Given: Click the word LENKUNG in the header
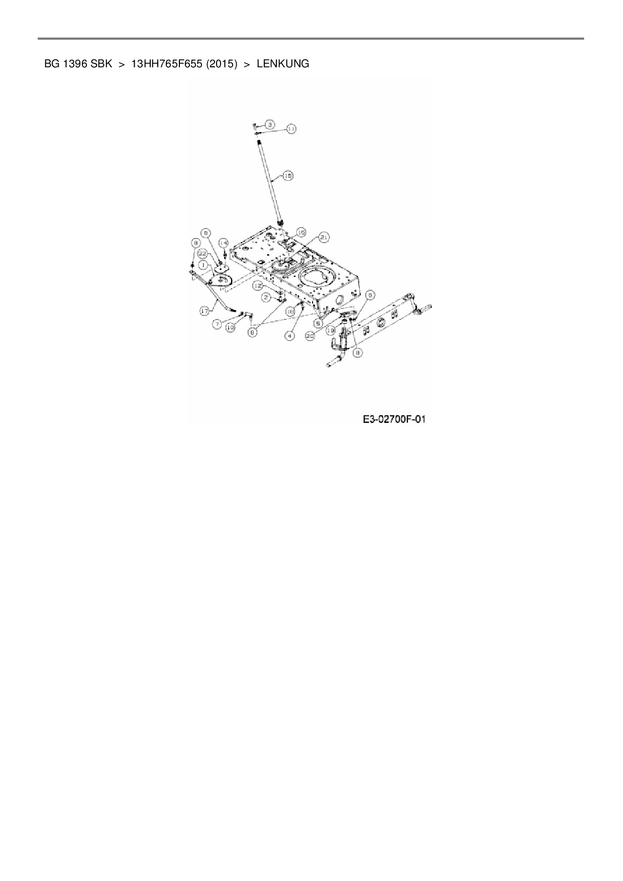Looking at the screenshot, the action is pyautogui.click(x=283, y=64).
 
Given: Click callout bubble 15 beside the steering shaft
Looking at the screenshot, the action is pyautogui.click(x=288, y=176).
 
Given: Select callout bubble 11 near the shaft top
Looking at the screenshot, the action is pyautogui.click(x=291, y=129).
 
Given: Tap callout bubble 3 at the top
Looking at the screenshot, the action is pyautogui.click(x=269, y=124).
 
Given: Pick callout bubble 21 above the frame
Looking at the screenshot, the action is pyautogui.click(x=324, y=237).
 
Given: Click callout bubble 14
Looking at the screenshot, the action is pyautogui.click(x=223, y=242).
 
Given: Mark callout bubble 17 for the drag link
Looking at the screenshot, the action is pyautogui.click(x=204, y=311).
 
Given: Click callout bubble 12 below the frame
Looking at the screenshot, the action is pyautogui.click(x=258, y=285).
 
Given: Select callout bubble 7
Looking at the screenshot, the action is pyautogui.click(x=217, y=324).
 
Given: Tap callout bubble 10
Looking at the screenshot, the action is pyautogui.click(x=230, y=327).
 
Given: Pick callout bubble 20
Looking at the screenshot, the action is pyautogui.click(x=310, y=335).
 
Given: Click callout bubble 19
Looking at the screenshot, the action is pyautogui.click(x=331, y=331).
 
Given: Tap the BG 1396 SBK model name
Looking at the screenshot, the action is pyautogui.click(x=78, y=64).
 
